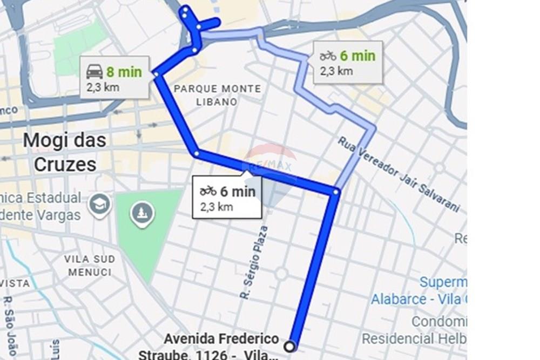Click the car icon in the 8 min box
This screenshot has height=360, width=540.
click(x=94, y=71)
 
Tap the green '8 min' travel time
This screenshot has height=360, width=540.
click(x=124, y=72)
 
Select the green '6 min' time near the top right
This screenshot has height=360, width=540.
click(x=357, y=56)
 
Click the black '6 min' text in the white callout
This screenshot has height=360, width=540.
click(x=238, y=191)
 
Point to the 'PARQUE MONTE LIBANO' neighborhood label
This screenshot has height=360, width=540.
click(x=218, y=95)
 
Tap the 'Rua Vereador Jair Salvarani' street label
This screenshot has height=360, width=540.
click(x=399, y=173)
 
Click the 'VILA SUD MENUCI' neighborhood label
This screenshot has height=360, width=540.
click(x=90, y=265)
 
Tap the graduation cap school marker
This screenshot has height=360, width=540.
click(x=100, y=204)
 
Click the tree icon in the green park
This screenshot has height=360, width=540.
click(x=142, y=214)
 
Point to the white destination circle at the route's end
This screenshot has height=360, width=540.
click(x=291, y=346)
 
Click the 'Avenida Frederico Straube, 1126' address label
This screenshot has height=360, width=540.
click(x=221, y=346)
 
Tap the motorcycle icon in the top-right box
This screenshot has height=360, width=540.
click(x=328, y=56)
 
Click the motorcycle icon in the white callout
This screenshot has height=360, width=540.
click(x=208, y=191)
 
